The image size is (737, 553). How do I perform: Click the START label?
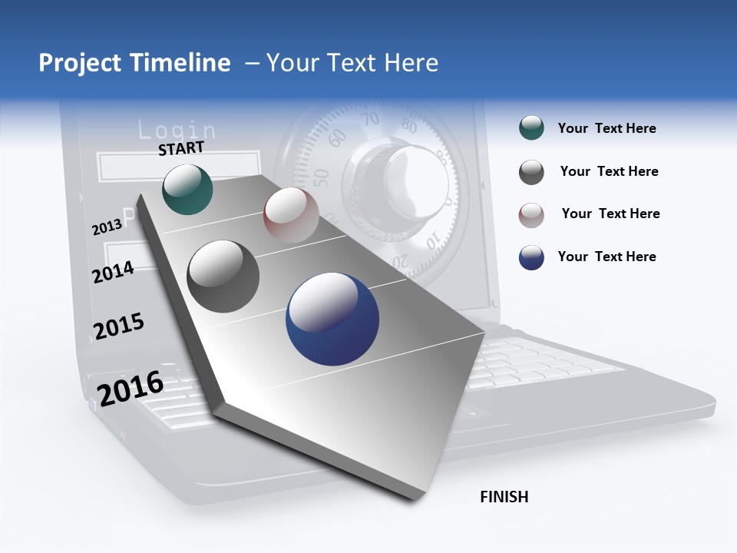pyautogui.click(x=181, y=148)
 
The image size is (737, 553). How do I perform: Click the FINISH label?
pyautogui.click(x=504, y=497)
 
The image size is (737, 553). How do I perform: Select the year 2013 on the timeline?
pyautogui.click(x=107, y=227)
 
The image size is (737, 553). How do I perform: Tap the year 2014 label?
pyautogui.click(x=113, y=272)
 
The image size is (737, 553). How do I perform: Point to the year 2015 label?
pyautogui.click(x=119, y=326)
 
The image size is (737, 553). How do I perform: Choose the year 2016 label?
pyautogui.click(x=131, y=388)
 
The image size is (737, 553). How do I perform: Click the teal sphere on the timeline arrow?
pyautogui.click(x=187, y=189)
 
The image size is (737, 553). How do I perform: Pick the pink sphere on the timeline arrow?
pyautogui.click(x=291, y=215)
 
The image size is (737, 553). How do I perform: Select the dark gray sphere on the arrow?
pyautogui.click(x=223, y=276)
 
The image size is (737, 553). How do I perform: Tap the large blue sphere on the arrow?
pyautogui.click(x=332, y=319)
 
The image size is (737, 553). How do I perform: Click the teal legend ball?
pyautogui.click(x=531, y=128)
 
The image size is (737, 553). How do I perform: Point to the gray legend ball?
pyautogui.click(x=531, y=172)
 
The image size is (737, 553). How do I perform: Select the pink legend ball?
pyautogui.click(x=531, y=215)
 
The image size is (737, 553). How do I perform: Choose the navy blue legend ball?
pyautogui.click(x=531, y=257)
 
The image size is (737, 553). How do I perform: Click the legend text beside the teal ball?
pyautogui.click(x=606, y=129)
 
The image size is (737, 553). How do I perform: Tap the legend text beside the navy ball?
pyautogui.click(x=606, y=257)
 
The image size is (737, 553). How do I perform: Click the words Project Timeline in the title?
pyautogui.click(x=134, y=63)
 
